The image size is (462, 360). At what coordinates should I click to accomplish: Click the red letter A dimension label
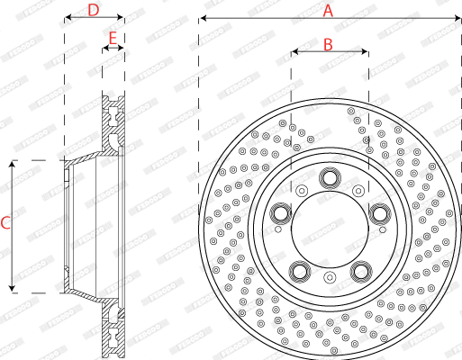coord(329,11)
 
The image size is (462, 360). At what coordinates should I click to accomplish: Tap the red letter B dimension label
coord(329,44)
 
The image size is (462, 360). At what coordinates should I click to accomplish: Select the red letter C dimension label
coord(5,223)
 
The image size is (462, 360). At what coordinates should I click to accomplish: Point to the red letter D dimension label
coord(94,11)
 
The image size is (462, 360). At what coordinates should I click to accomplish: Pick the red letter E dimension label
coord(113,38)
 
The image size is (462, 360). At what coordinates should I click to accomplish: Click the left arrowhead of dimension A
coord(203,18)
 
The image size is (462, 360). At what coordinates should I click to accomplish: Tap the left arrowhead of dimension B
coord(294,52)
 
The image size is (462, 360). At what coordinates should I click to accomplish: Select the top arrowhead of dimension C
coord(13,165)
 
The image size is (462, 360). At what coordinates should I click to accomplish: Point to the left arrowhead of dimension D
coord(67,19)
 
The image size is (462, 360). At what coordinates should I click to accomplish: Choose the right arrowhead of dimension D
coord(121,19)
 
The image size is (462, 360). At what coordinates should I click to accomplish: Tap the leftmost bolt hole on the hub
coord(280,213)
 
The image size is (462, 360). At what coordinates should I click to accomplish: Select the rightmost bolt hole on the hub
coord(378,213)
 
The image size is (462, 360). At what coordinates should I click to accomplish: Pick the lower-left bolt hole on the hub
coord(299,270)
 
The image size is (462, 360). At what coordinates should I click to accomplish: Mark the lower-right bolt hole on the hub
coord(359,270)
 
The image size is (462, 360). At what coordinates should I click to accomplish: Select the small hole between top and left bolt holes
coord(301,190)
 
